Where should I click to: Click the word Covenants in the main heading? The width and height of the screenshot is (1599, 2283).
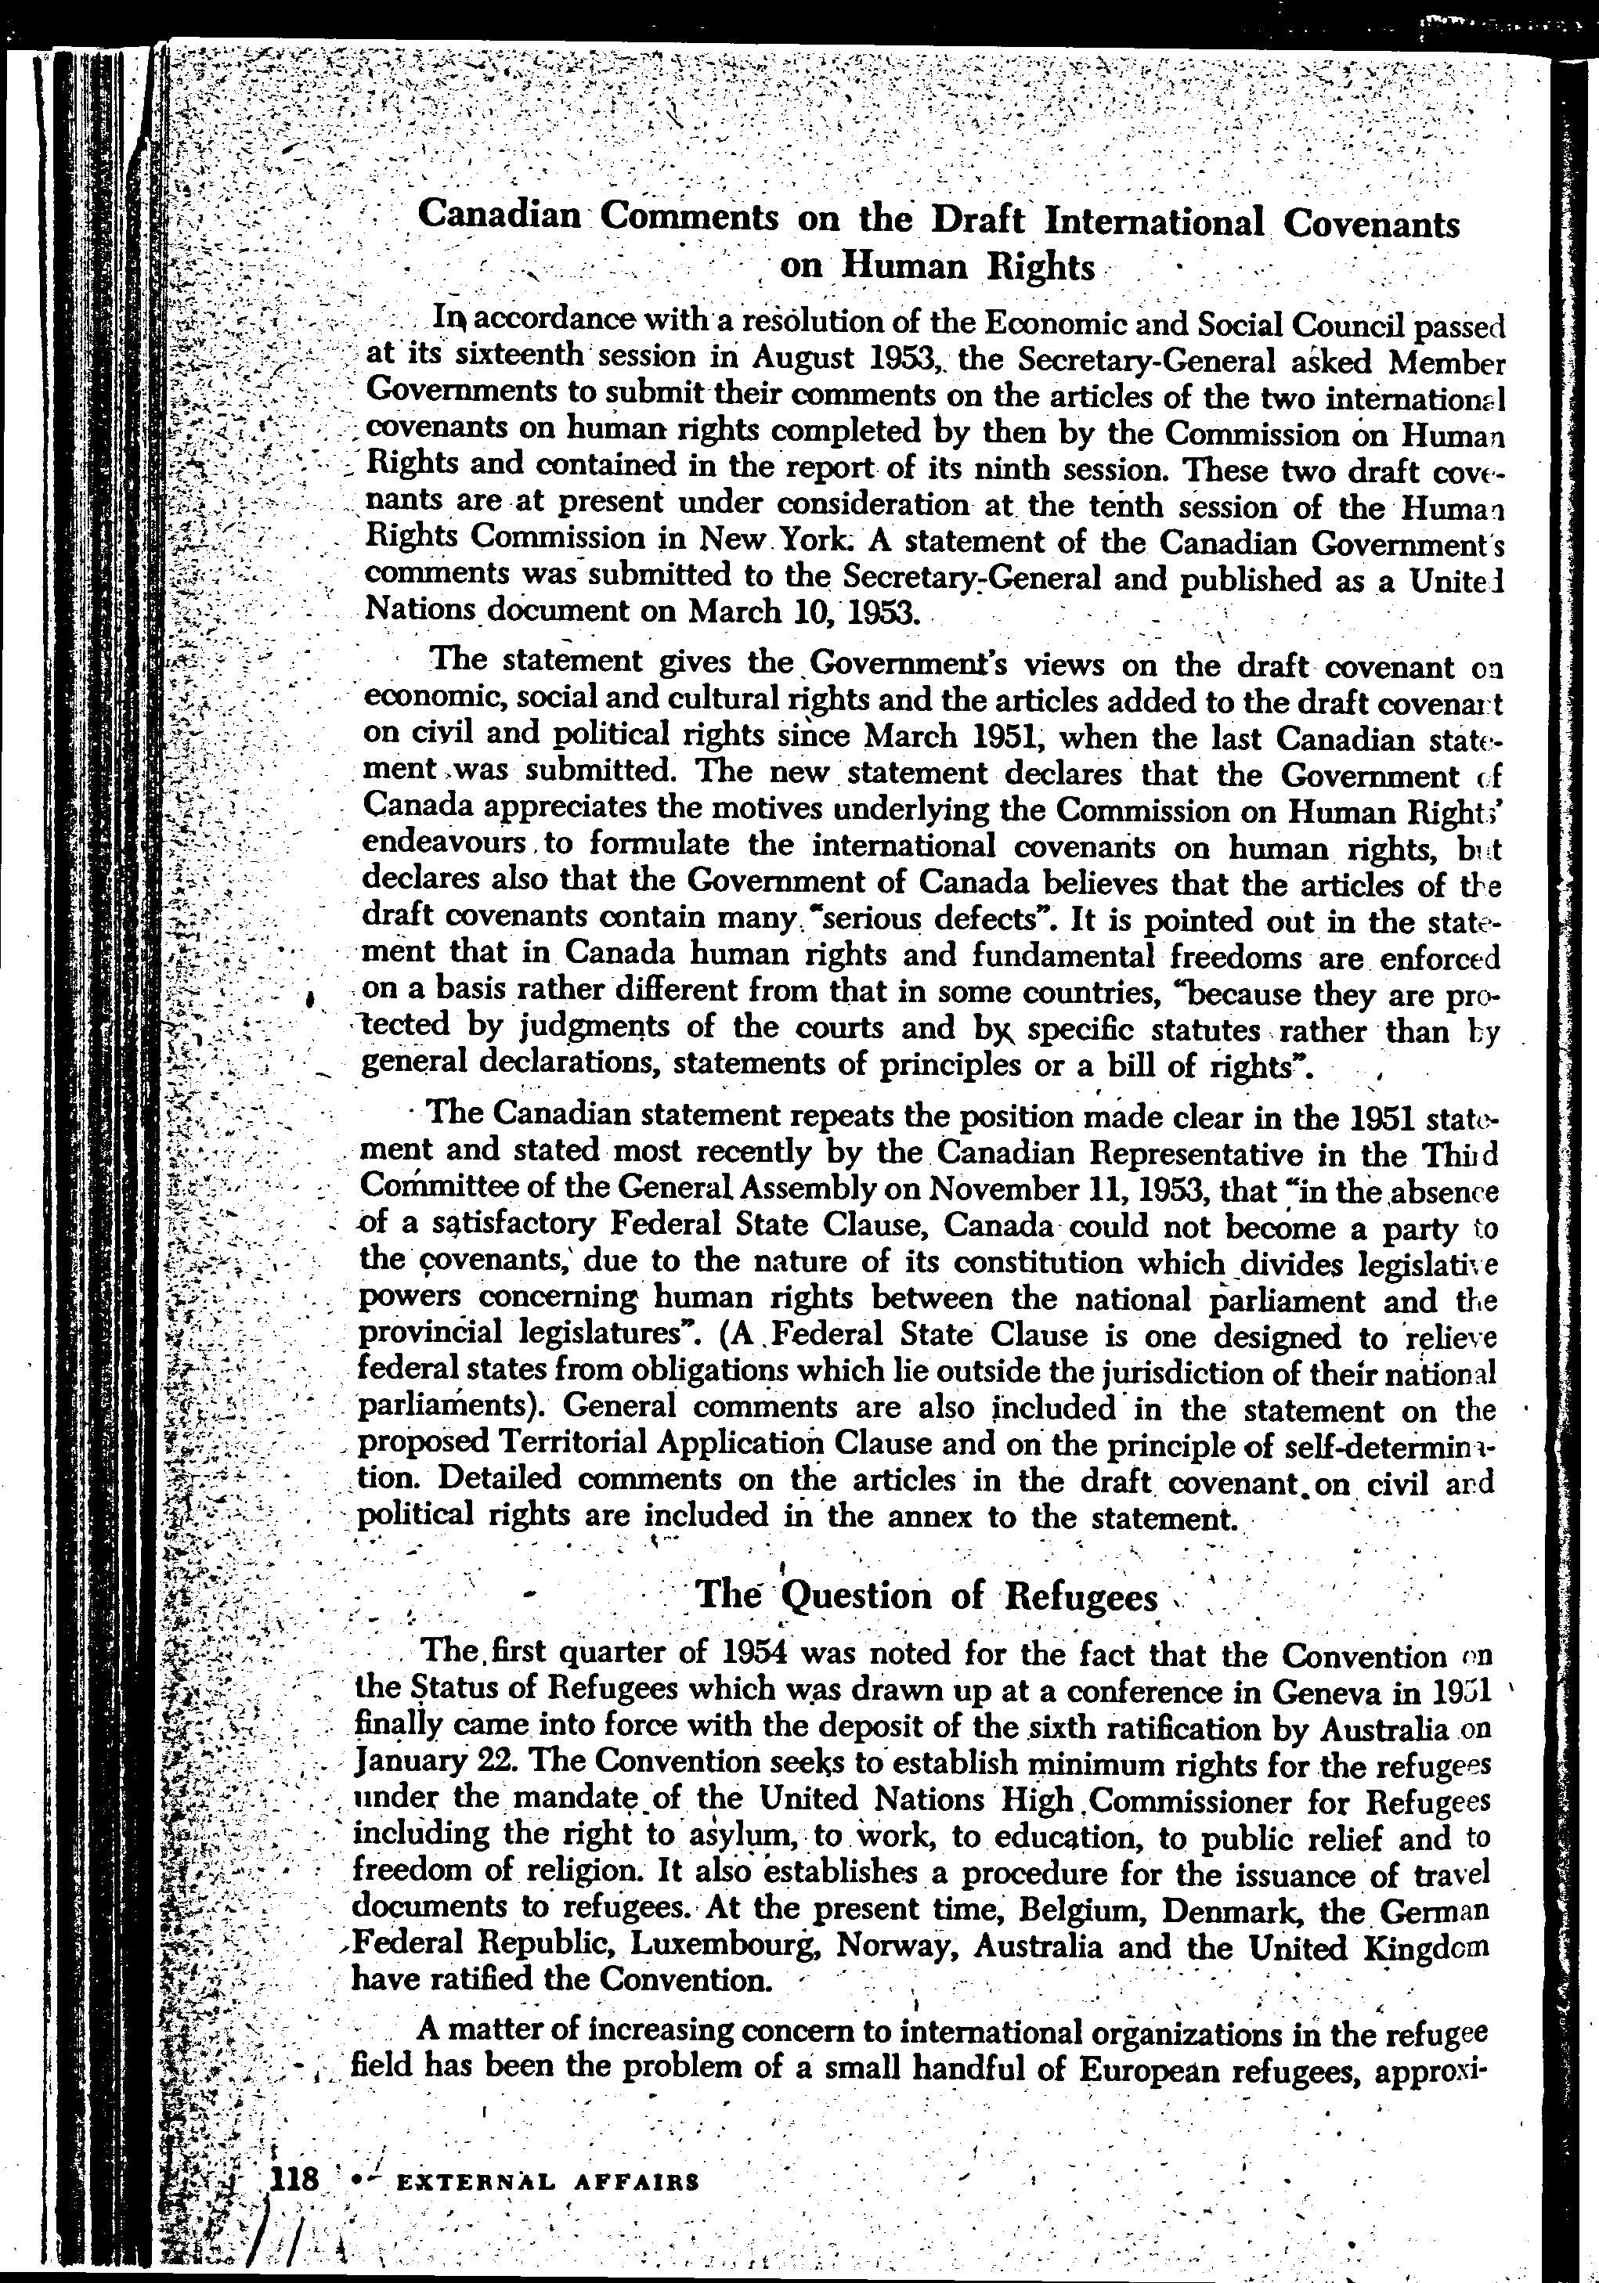(x=1371, y=225)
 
